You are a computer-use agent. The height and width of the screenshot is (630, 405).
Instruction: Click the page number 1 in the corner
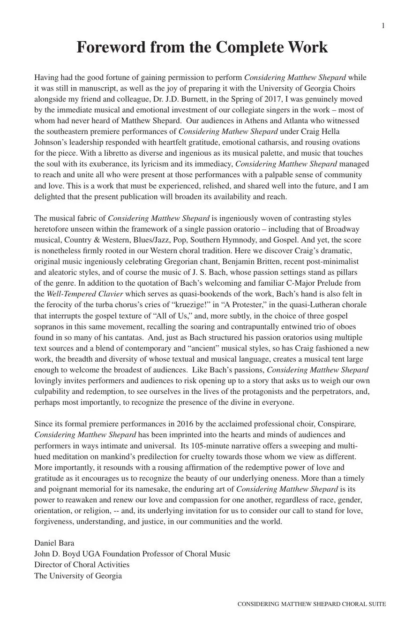[x=383, y=26]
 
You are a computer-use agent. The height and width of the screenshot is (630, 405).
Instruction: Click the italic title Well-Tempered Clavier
[x=85, y=294]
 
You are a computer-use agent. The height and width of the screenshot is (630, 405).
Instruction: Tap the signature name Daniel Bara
[x=54, y=543]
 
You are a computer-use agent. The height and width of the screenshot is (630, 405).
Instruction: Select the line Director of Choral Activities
[x=82, y=564]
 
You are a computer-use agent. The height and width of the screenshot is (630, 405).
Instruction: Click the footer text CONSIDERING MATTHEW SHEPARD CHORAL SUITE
[x=311, y=604]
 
